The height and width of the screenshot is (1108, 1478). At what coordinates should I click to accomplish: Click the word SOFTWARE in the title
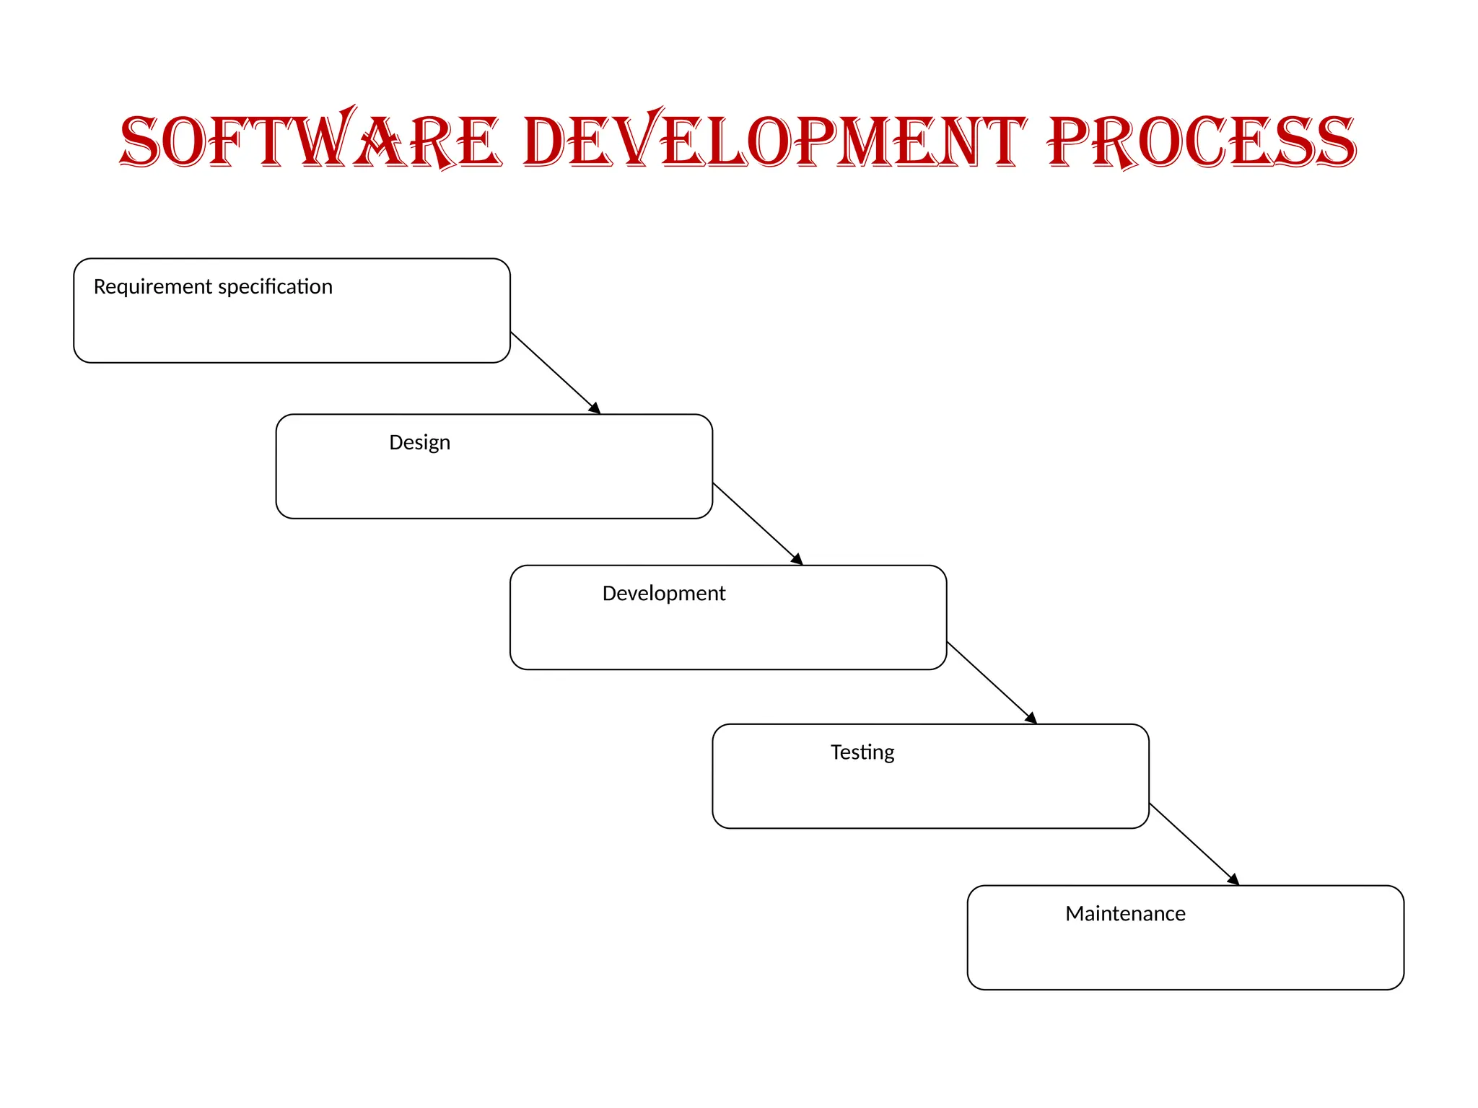click(310, 141)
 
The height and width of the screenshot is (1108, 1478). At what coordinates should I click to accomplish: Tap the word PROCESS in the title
click(1202, 141)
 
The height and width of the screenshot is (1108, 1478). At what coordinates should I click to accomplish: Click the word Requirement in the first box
click(152, 287)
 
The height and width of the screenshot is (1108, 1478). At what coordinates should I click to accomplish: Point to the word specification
click(275, 287)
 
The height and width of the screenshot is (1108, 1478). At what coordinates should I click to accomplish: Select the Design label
click(419, 442)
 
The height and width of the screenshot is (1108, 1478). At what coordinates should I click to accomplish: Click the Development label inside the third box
click(663, 593)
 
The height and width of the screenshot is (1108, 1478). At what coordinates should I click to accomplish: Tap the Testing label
click(862, 752)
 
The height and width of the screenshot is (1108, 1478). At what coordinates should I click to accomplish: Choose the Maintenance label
click(1125, 913)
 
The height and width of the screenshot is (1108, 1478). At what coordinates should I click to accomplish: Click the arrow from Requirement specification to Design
click(552, 370)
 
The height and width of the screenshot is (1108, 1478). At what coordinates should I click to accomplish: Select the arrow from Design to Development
click(755, 522)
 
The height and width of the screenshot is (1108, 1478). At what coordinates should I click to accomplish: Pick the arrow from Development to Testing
click(989, 680)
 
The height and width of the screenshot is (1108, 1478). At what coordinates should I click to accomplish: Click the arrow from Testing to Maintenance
click(1191, 842)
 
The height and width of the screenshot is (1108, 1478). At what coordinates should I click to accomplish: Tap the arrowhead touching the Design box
click(595, 408)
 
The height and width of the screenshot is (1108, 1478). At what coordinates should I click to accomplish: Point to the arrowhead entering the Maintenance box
click(1233, 879)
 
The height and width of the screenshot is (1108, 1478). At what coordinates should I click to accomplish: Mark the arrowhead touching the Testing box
click(1031, 718)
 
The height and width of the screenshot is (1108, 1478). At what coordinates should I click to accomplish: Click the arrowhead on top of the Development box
click(797, 559)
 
